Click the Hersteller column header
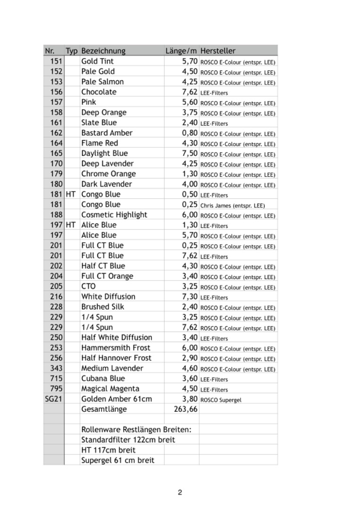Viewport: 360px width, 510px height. [218, 51]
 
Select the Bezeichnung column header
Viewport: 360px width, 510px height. [103, 51]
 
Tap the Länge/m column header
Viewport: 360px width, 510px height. [181, 51]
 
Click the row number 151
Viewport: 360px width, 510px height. [56, 61]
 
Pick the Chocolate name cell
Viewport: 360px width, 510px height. [99, 92]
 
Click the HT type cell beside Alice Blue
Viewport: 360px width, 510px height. [71, 225]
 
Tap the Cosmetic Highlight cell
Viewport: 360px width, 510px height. [114, 214]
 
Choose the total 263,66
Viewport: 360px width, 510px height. [186, 409]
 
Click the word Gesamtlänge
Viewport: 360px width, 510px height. [104, 409]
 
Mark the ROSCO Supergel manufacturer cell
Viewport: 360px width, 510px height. [221, 400]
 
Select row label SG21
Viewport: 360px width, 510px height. [54, 399]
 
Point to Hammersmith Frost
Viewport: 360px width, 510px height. [116, 348]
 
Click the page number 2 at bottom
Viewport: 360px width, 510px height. [180, 493]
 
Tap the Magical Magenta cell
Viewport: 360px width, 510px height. [110, 389]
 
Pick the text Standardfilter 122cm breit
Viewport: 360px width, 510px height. [128, 440]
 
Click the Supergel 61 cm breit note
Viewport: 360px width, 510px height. [117, 460]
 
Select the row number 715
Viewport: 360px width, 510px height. [56, 378]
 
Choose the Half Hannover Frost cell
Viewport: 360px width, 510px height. [116, 358]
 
